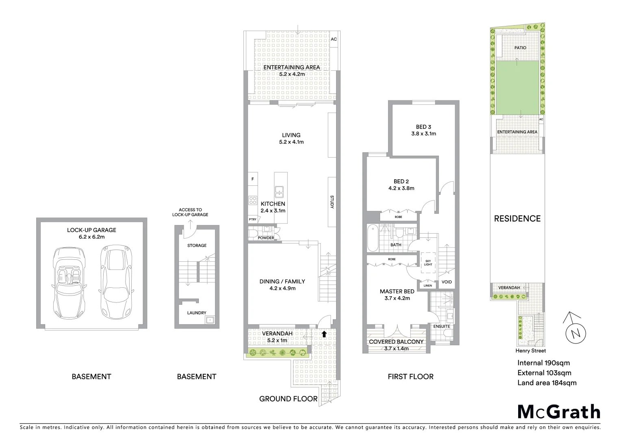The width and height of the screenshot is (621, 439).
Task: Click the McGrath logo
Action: (558, 412)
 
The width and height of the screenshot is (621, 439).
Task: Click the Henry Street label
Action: (531, 351)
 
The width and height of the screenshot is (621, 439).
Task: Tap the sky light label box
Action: (428, 262)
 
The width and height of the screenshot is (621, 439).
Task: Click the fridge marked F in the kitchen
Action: (252, 179)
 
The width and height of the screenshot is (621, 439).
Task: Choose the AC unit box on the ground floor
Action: (334, 39)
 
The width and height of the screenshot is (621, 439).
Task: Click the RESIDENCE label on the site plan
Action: (517, 219)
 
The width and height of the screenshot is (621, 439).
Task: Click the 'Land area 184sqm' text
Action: (547, 382)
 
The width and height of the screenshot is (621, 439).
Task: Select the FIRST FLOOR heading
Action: (410, 376)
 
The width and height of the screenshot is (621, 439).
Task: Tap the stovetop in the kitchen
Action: (252, 200)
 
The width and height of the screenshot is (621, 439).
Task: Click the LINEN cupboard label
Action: (428, 285)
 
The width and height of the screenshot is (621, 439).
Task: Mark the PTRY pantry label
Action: (252, 219)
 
